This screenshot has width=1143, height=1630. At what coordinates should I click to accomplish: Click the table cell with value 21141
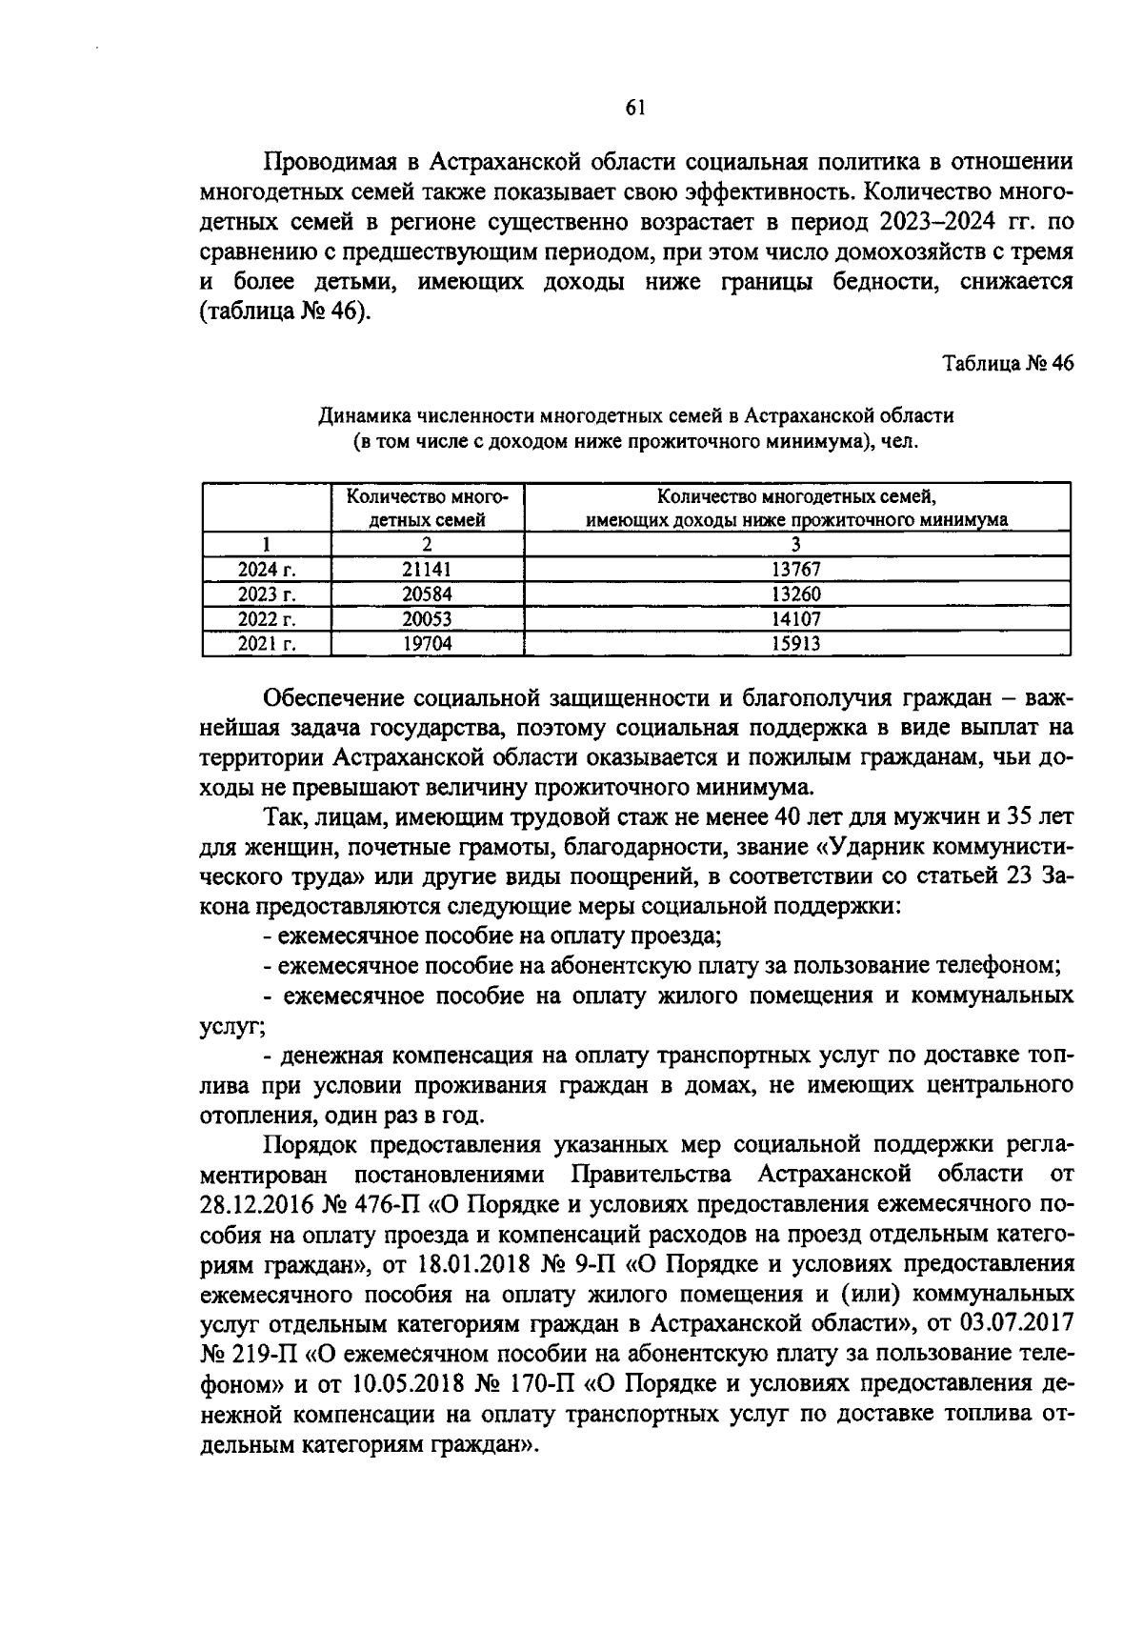[427, 569]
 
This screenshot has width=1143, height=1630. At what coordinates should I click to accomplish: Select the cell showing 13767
[796, 569]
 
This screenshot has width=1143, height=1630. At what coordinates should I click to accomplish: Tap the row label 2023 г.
[267, 594]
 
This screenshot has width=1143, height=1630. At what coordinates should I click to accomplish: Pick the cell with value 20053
[427, 618]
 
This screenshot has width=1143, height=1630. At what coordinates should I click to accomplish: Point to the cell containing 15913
[796, 643]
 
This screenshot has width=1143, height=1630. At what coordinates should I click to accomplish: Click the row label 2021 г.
[267, 643]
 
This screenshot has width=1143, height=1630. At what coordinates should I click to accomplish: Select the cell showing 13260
[796, 594]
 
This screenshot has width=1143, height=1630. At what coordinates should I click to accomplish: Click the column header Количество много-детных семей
[427, 508]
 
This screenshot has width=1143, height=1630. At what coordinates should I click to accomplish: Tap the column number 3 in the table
[796, 544]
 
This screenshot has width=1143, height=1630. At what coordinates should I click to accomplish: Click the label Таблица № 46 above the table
[1007, 363]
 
